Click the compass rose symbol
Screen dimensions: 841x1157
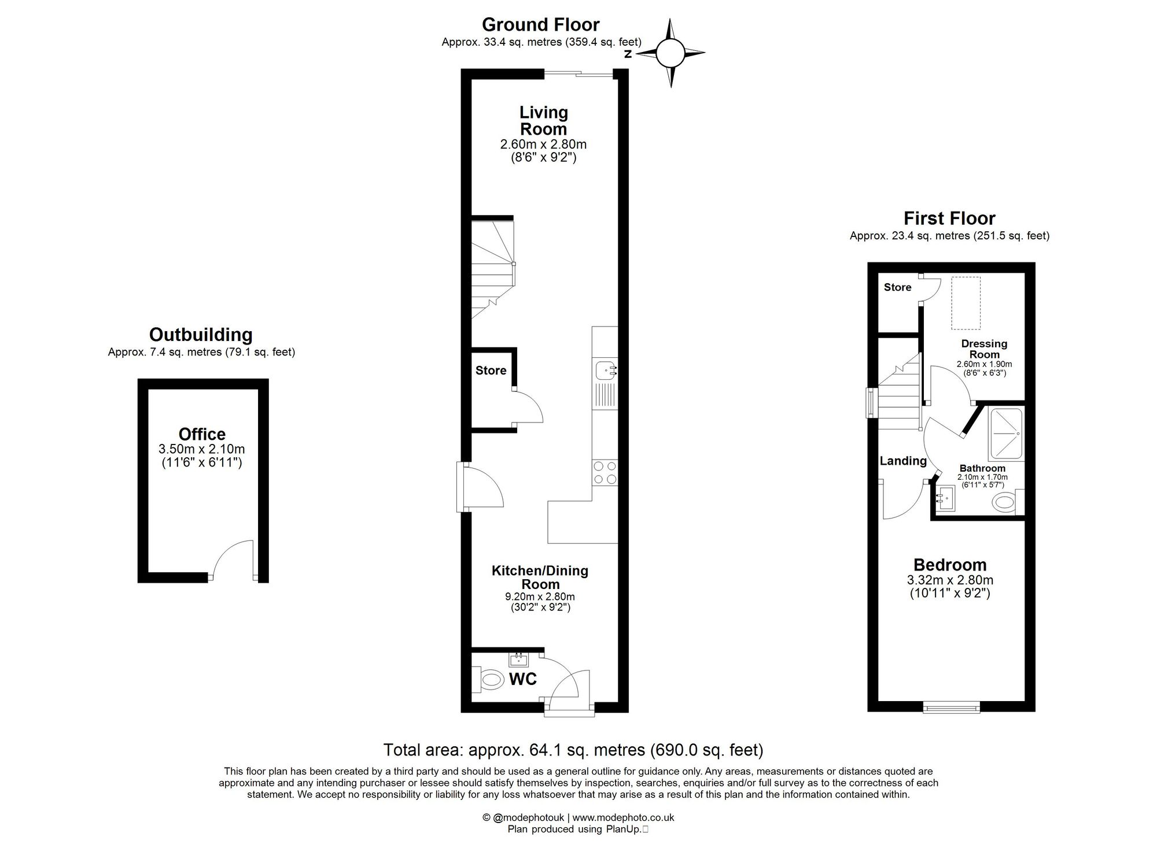[670, 53]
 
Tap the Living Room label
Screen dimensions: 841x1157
[543, 120]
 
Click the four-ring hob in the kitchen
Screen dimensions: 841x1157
[605, 472]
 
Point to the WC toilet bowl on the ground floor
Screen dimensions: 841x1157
[491, 679]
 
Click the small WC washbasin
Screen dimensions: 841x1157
[518, 660]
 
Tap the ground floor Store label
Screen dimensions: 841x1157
[491, 371]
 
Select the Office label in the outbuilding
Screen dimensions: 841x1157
[202, 434]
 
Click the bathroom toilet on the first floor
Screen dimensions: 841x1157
[1005, 502]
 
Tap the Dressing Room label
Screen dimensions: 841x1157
[984, 349]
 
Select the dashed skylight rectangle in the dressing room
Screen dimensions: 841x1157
[966, 303]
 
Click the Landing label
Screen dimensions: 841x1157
[902, 461]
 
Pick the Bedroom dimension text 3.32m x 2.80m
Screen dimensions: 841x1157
[950, 580]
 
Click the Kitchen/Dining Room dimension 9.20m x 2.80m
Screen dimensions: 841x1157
[540, 597]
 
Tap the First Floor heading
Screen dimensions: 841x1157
[949, 218]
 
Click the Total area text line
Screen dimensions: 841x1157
[573, 750]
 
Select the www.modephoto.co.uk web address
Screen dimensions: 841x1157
[623, 817]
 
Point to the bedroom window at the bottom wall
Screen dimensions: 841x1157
[952, 706]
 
